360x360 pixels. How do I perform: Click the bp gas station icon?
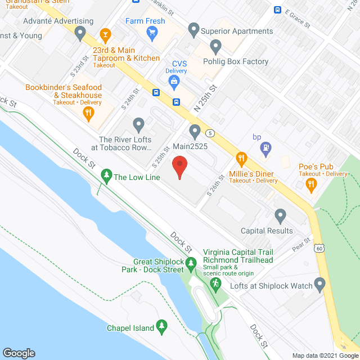[265, 148]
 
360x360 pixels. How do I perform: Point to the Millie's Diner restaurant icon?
[242, 159]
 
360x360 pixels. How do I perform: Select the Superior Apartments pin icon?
[194, 28]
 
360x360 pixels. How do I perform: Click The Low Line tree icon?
[106, 176]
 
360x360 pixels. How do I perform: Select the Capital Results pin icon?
[280, 215]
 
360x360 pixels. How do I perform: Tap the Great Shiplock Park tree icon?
[191, 263]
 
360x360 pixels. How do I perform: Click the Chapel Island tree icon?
[161, 326]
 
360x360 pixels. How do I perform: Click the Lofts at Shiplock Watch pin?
[321, 285]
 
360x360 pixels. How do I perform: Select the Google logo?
[19, 353]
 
